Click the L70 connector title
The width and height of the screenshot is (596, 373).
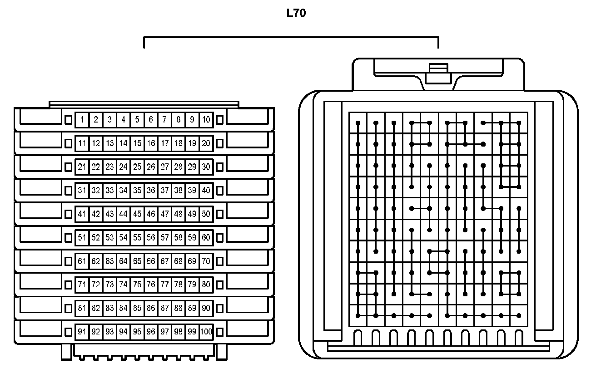click(296, 14)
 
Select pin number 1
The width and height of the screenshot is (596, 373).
click(82, 120)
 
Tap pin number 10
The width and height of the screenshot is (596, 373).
click(206, 120)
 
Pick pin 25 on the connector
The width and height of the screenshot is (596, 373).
click(137, 167)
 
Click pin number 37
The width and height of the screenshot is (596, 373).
click(165, 190)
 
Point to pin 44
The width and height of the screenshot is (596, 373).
click(124, 214)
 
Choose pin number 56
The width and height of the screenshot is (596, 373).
click(151, 237)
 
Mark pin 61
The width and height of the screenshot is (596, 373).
click(82, 261)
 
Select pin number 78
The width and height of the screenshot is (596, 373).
click(179, 285)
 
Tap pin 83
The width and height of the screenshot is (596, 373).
click(109, 308)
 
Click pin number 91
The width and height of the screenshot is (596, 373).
click(82, 332)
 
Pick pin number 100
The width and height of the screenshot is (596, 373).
click(206, 332)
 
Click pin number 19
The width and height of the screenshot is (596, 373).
click(192, 143)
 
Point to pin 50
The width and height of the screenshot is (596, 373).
click(206, 214)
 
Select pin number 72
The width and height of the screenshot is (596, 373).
click(95, 285)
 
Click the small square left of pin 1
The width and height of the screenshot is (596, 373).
click(69, 120)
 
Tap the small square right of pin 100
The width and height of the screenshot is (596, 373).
click(220, 332)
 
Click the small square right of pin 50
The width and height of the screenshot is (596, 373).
click(220, 214)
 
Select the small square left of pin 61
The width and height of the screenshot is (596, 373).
click(69, 261)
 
